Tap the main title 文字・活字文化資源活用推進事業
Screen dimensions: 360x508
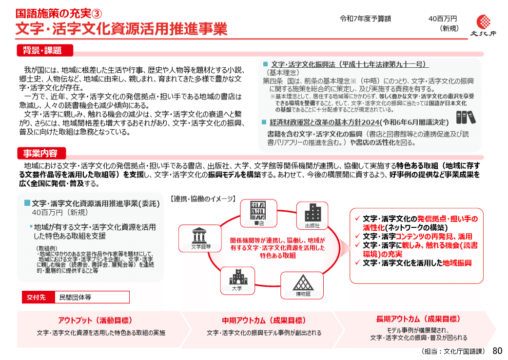(121, 29)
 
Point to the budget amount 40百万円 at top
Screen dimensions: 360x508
(443, 19)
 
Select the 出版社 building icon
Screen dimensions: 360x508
(312, 217)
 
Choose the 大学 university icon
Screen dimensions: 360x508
(237, 279)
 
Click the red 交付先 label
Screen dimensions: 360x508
(36, 297)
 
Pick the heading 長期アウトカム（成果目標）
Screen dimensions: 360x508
(418, 319)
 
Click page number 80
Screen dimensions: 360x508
(497, 351)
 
